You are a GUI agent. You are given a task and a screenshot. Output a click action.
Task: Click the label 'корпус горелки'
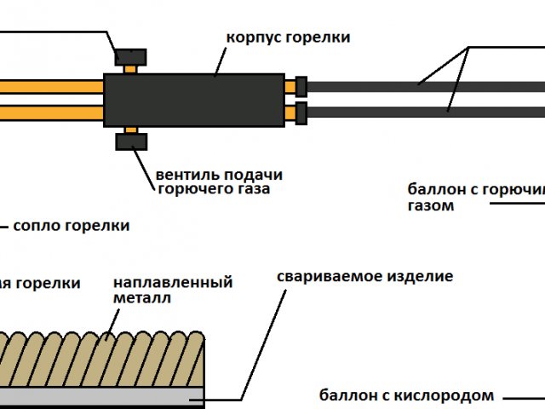point(288,38)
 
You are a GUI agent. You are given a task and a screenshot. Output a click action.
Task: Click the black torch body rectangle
point(193,101)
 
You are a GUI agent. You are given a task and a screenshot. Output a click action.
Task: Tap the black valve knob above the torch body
point(130,57)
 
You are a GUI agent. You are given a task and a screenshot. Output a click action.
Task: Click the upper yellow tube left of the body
point(51,87)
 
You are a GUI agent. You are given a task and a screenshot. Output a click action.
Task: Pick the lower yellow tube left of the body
point(51,112)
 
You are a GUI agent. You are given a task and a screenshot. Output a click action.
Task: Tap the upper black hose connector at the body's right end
point(301,86)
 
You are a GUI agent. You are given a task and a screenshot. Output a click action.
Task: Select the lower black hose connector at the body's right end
point(301,112)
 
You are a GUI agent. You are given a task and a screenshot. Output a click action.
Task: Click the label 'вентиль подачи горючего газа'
point(219,181)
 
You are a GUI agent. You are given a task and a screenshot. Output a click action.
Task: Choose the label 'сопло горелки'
point(72,226)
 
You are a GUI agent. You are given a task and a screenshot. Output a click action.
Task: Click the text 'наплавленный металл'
point(172,290)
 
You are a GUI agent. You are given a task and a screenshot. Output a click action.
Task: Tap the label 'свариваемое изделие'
point(364,277)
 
